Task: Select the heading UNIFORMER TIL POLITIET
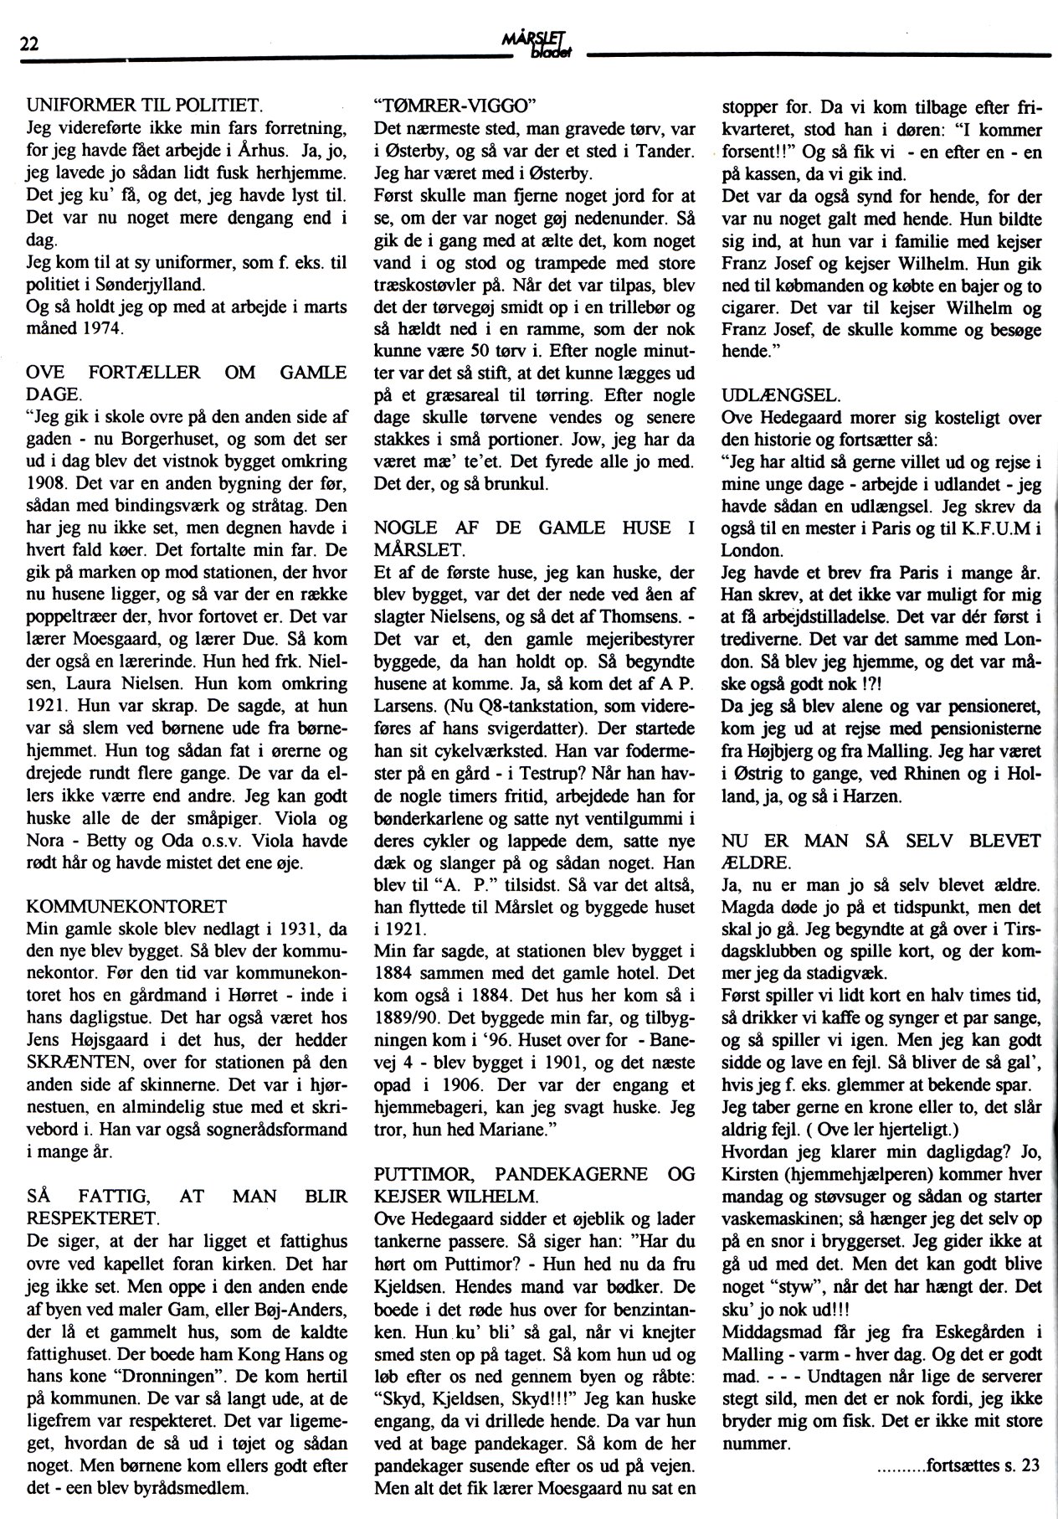coord(145,106)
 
